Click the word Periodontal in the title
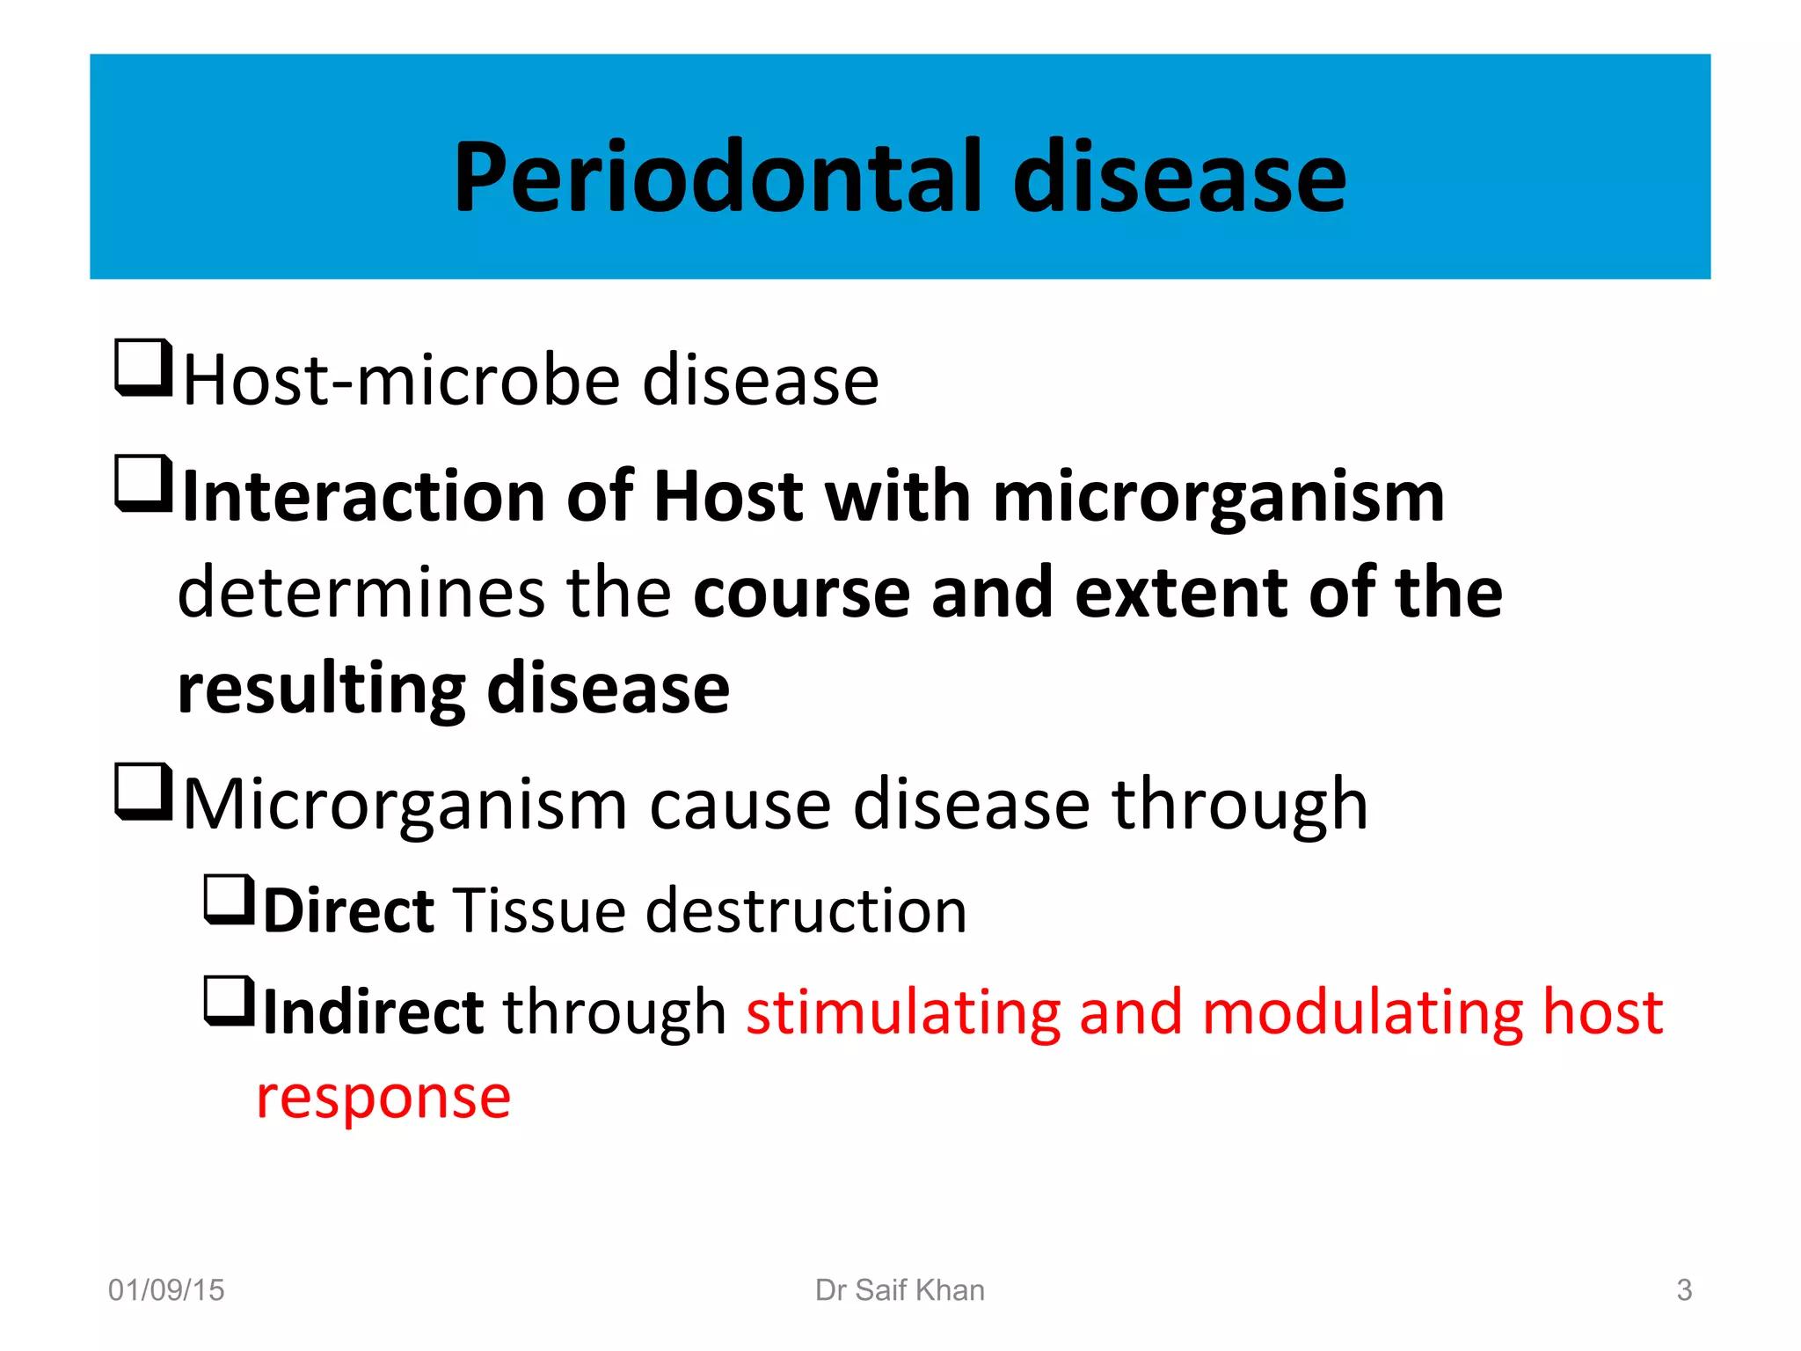coord(717,179)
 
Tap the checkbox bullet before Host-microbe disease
coord(142,368)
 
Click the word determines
coord(361,592)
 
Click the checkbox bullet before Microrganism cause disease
coord(142,792)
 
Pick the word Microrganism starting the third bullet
coord(405,805)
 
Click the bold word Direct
coord(348,910)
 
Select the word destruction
coord(806,910)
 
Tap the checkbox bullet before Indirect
coord(229,1001)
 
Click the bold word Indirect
coord(373,1012)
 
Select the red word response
coord(383,1097)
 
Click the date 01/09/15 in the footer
coord(166,1290)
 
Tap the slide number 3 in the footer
coord(1683,1290)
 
